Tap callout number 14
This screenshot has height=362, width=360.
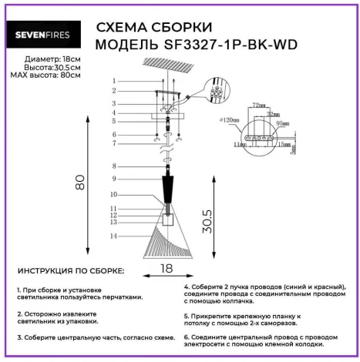113,235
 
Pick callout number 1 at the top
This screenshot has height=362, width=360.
113,81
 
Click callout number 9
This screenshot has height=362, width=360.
113,179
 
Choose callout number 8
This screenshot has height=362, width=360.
113,166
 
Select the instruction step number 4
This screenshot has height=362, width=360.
186,286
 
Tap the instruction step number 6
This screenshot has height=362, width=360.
186,337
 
